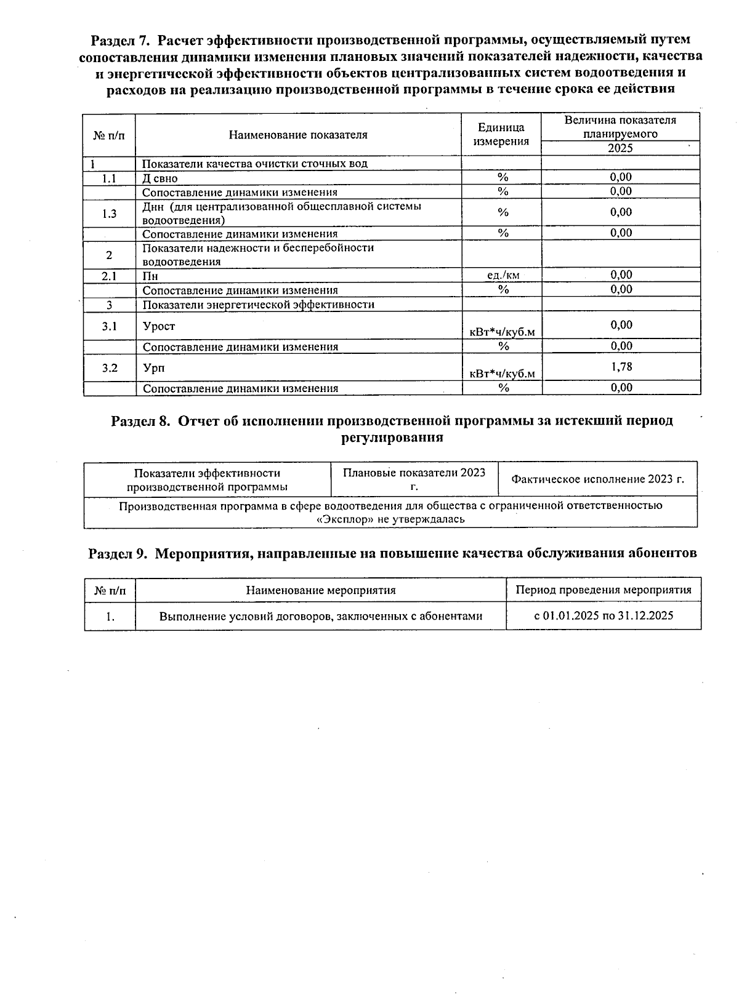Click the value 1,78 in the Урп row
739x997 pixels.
click(621, 367)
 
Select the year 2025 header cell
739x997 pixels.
click(620, 148)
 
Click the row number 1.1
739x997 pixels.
click(110, 178)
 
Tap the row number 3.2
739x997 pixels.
click(110, 368)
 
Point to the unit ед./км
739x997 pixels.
click(503, 275)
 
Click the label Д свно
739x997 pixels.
click(160, 178)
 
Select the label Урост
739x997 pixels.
click(159, 326)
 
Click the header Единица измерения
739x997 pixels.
click(501, 134)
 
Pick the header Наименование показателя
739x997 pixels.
click(298, 135)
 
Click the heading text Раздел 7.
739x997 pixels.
click(120, 40)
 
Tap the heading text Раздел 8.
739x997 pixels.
click(140, 421)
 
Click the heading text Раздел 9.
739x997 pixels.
click(118, 553)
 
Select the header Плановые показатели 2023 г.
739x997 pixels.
click(414, 479)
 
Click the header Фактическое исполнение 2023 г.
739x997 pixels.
click(597, 479)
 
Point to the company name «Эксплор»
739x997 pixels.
click(339, 519)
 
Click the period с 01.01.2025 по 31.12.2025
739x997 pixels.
click(603, 615)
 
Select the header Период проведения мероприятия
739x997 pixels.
click(603, 590)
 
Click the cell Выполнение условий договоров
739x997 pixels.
click(320, 616)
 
